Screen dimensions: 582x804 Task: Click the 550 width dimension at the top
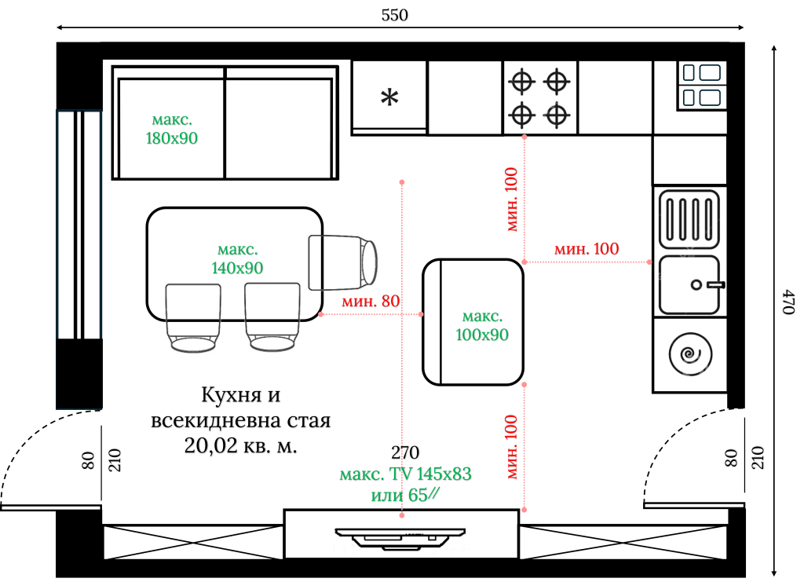(x=395, y=16)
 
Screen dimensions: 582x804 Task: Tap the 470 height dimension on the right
(x=789, y=302)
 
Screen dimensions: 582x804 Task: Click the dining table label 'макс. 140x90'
(x=237, y=259)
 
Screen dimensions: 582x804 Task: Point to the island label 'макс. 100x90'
(x=482, y=326)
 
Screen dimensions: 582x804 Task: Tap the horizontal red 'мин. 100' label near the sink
(x=587, y=249)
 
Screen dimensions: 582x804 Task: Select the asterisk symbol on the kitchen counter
(x=389, y=97)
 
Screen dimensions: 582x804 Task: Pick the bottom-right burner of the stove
(x=556, y=115)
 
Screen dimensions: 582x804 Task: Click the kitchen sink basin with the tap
(x=689, y=284)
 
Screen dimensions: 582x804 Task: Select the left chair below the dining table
(x=192, y=317)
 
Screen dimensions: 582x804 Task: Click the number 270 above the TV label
(x=405, y=453)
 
